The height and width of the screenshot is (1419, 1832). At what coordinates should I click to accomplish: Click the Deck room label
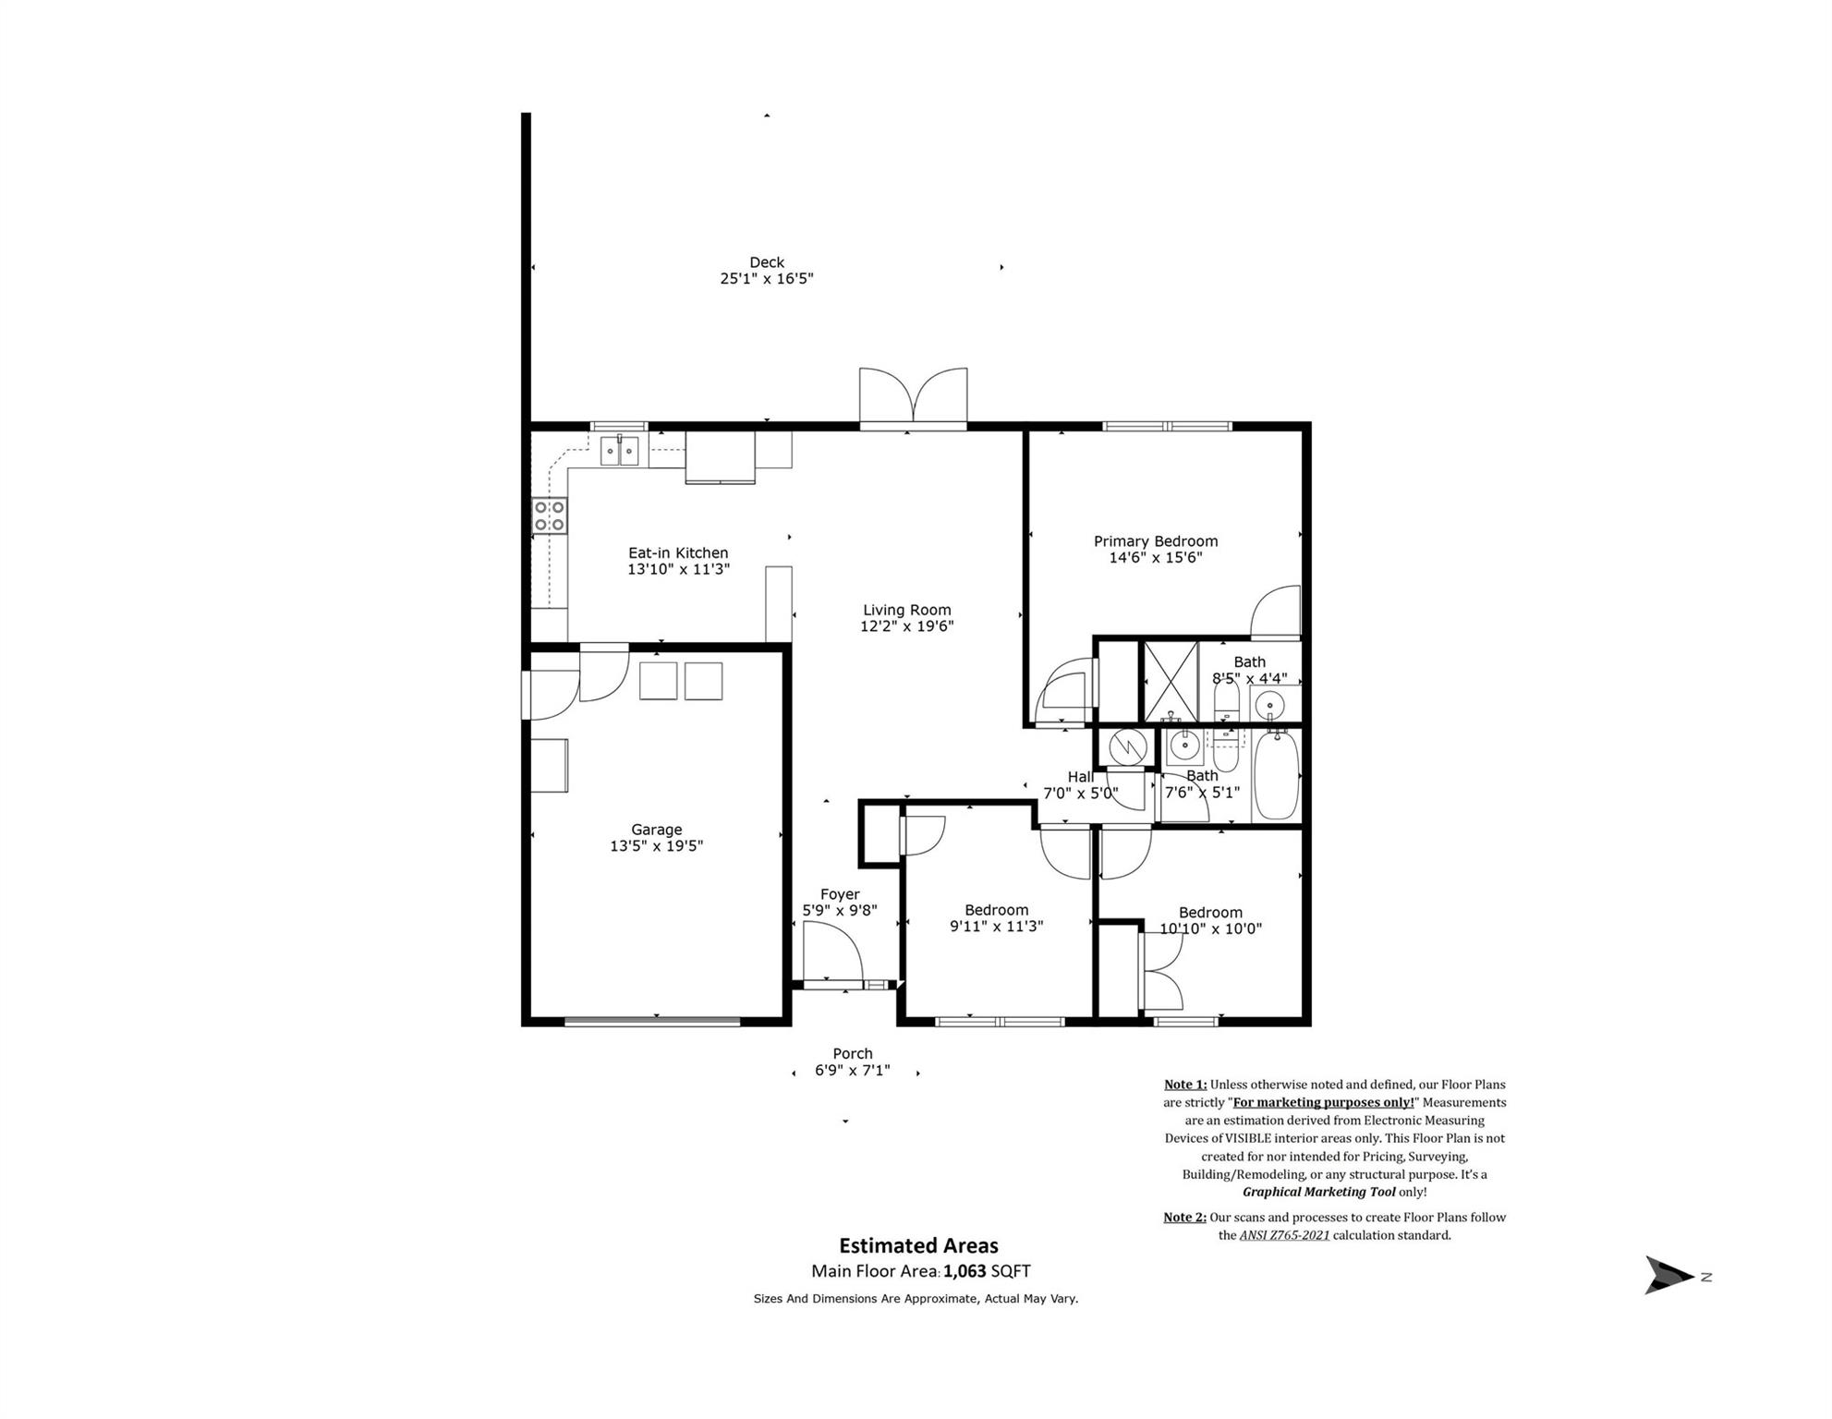click(766, 262)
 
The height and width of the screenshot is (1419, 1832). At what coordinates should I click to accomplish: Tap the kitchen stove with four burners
click(550, 515)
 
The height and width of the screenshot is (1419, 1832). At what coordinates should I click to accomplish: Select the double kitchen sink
click(619, 452)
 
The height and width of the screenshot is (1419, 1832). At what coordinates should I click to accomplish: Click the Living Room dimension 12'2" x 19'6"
click(906, 626)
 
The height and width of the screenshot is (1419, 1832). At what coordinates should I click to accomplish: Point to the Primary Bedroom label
click(1155, 541)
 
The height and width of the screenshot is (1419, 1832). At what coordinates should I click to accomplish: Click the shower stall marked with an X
click(1171, 682)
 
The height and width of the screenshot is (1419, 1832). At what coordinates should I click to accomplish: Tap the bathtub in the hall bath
click(1276, 775)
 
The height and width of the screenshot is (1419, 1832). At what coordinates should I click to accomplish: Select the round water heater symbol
click(1127, 747)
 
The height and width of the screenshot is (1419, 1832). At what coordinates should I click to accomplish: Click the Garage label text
click(656, 830)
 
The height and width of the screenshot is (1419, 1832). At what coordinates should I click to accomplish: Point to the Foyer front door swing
click(831, 954)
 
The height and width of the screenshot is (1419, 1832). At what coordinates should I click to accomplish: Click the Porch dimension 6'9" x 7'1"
click(852, 1071)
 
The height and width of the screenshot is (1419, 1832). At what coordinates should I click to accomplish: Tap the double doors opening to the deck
click(913, 397)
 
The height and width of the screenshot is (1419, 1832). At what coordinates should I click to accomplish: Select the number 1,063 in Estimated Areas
click(965, 1271)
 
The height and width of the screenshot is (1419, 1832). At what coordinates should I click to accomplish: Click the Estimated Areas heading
click(917, 1245)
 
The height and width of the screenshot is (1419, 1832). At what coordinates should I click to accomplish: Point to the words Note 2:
click(1184, 1217)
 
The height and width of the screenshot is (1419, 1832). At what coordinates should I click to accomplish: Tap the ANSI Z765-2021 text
click(1284, 1235)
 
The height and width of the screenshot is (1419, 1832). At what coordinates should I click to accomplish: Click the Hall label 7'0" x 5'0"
click(1080, 785)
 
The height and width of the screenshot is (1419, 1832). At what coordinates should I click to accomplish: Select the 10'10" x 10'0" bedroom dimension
click(1210, 928)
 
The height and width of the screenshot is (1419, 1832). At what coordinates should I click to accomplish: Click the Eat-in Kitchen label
click(678, 553)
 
